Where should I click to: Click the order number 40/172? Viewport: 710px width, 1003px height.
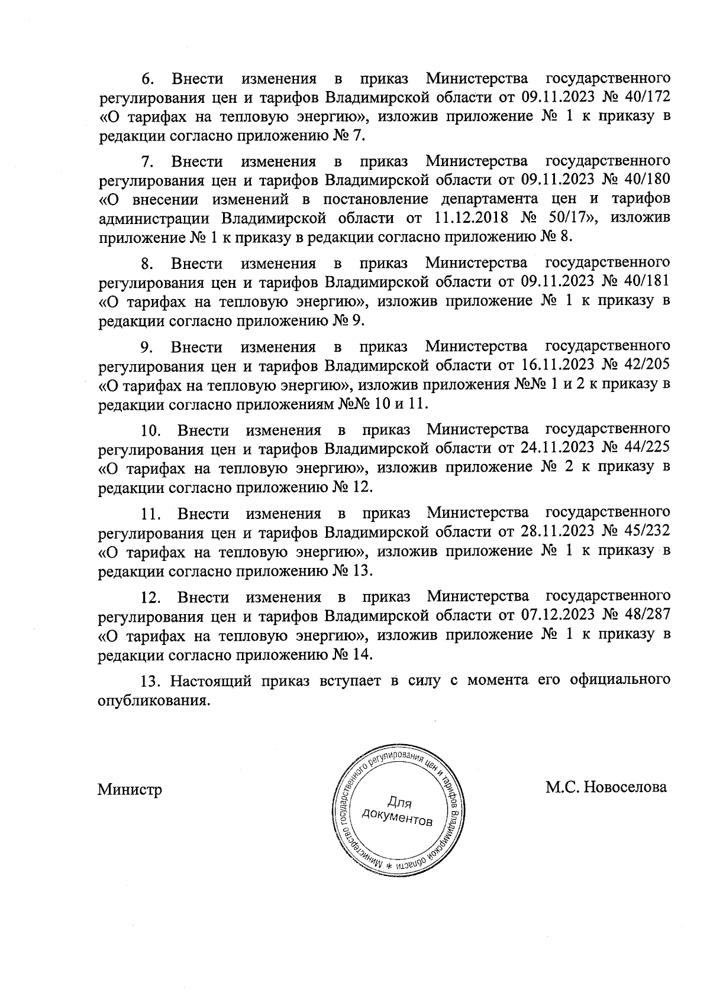click(x=646, y=96)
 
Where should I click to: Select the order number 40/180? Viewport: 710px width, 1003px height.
click(x=646, y=179)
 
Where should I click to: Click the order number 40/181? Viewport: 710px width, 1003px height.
click(x=646, y=281)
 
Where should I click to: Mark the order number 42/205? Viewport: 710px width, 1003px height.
click(x=646, y=365)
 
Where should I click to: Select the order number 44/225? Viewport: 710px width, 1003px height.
click(x=646, y=448)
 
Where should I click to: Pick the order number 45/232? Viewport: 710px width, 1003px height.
click(x=646, y=531)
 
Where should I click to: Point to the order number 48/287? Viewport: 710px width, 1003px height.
click(x=646, y=615)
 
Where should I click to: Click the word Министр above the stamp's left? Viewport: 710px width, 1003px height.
click(x=130, y=789)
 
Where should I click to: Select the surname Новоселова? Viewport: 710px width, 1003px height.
click(x=625, y=787)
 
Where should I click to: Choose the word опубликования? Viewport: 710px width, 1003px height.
click(x=154, y=702)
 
